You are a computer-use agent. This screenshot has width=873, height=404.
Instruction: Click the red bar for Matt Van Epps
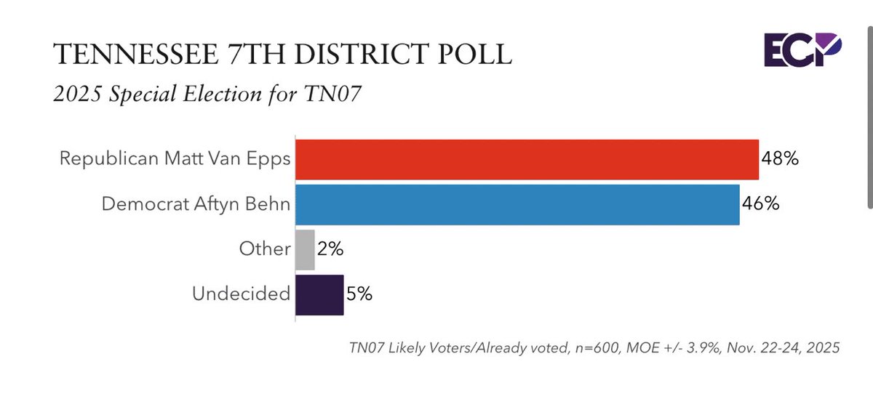527,160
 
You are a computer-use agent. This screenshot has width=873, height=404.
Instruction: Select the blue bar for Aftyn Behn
518,205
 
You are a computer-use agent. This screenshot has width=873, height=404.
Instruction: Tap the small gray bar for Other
306,249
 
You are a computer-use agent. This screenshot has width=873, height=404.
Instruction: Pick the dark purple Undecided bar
319,294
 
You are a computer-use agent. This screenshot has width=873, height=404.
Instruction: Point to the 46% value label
761,205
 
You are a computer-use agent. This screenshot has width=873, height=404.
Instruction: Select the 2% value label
330,249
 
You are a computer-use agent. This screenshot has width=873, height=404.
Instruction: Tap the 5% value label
359,294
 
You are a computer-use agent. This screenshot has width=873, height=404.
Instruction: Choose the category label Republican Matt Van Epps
175,159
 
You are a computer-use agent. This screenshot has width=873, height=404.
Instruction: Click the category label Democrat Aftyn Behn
196,204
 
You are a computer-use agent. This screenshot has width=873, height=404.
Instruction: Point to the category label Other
265,249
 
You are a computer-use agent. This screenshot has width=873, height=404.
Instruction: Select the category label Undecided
242,294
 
